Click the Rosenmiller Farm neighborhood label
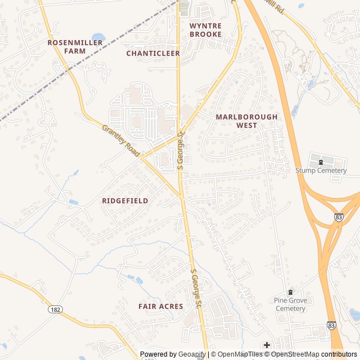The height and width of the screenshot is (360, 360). point(75,46)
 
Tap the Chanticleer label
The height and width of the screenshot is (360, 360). point(153,53)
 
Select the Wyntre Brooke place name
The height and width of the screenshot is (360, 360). point(205,30)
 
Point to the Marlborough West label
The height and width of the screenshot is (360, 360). point(246,121)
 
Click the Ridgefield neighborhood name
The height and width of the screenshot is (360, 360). point(125,201)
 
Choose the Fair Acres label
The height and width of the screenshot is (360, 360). point(161,306)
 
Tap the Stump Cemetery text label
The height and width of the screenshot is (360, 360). point(321,170)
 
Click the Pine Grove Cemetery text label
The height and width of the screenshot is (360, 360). point(291,304)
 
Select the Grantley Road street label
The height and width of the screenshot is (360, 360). point(120,141)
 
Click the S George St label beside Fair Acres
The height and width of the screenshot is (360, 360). point(196,288)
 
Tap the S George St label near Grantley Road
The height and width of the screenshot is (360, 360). point(181,150)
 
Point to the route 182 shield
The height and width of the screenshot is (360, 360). point(55,310)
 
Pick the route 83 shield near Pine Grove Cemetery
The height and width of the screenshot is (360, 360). point(332,326)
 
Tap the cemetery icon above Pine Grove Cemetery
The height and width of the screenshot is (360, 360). point(290,292)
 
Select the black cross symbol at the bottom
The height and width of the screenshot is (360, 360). point(267,345)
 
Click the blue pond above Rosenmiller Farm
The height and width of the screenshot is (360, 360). point(98,37)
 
